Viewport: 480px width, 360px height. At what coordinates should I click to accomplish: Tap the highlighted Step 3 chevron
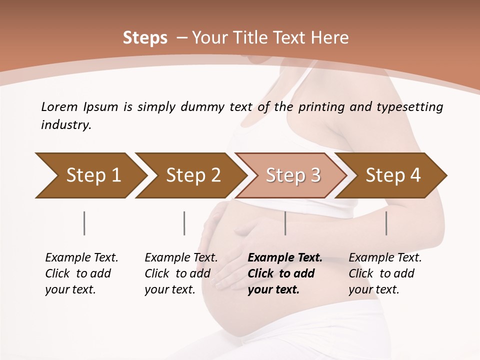[291, 175]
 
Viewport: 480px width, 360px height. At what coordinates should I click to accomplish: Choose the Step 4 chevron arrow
[391, 175]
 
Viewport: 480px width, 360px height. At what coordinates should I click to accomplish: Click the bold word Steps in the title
[145, 37]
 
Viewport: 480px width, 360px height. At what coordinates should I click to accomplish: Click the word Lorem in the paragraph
[59, 106]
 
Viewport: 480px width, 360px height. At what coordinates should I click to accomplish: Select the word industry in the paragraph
[66, 124]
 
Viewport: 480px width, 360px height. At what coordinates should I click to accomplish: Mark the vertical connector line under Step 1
[84, 223]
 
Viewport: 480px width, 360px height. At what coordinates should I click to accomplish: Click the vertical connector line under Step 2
[184, 223]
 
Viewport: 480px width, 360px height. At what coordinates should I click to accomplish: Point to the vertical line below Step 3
[285, 223]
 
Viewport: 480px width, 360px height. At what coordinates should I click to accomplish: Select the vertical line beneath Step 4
[386, 223]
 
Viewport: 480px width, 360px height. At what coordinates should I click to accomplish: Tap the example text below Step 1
[81, 273]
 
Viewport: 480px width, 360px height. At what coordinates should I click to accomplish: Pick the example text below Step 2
[181, 273]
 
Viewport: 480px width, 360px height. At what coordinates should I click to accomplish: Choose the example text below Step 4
[385, 273]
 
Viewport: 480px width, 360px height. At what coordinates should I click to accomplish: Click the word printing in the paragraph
[323, 106]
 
